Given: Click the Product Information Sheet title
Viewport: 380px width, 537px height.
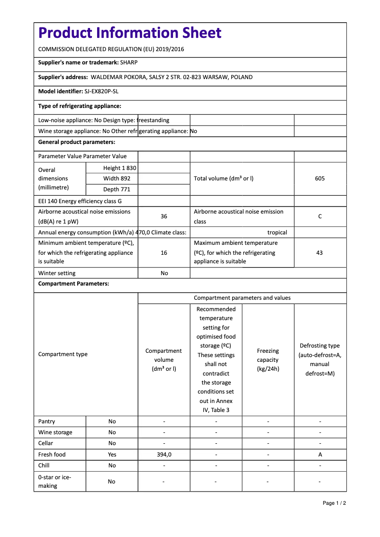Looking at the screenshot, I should coord(130,33).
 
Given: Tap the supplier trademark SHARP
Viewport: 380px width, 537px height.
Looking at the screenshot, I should coord(129,62).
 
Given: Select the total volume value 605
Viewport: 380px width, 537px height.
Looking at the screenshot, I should coord(320,179).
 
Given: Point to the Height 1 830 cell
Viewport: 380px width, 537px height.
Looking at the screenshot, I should coord(119,168).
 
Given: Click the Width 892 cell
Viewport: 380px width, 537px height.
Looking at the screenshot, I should coord(117,179).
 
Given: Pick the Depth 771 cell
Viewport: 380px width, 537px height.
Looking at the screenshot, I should coord(117,189).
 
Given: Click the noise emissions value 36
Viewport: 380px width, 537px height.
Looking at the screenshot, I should coord(164,216).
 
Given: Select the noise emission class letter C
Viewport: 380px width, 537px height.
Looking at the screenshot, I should coord(320,216).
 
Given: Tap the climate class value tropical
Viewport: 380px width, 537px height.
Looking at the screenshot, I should coord(277,233).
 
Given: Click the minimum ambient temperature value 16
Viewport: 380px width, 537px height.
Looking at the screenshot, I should coord(164,253).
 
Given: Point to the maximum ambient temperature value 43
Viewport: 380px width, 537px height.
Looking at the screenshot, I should coord(319,253).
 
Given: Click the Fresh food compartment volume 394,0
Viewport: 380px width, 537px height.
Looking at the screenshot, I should coord(164,455).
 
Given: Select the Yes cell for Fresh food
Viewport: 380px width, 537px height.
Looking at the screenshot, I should coord(112,455).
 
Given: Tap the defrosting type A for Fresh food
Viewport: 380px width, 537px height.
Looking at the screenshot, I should coord(320,455).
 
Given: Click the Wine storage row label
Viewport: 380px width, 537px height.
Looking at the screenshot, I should coord(55,432).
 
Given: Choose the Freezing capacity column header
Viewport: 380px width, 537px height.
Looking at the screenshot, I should coord(268,360).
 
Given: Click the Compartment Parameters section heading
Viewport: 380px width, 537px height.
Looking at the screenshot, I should coord(73,284).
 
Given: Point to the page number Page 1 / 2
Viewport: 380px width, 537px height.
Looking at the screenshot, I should coord(334,503).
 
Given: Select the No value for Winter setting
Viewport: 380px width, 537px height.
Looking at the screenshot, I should coord(164,273).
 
